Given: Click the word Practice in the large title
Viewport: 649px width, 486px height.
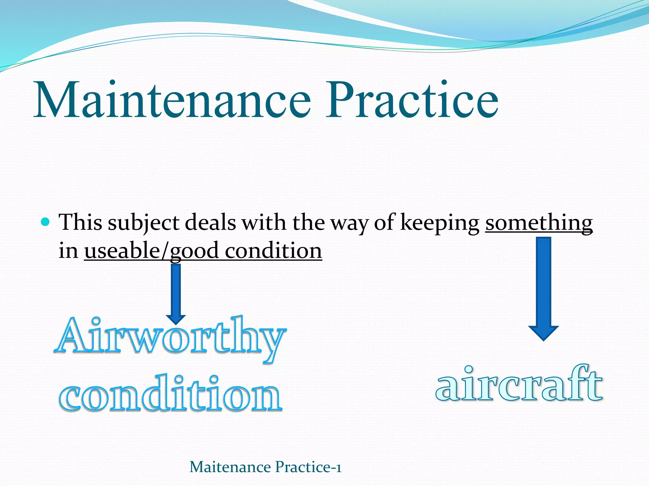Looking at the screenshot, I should click(412, 100).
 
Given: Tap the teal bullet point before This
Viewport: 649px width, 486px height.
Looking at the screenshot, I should click(46, 221).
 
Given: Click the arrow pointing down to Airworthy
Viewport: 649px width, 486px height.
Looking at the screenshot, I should click(176, 293).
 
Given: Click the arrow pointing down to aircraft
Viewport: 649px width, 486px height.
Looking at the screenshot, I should click(543, 288).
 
